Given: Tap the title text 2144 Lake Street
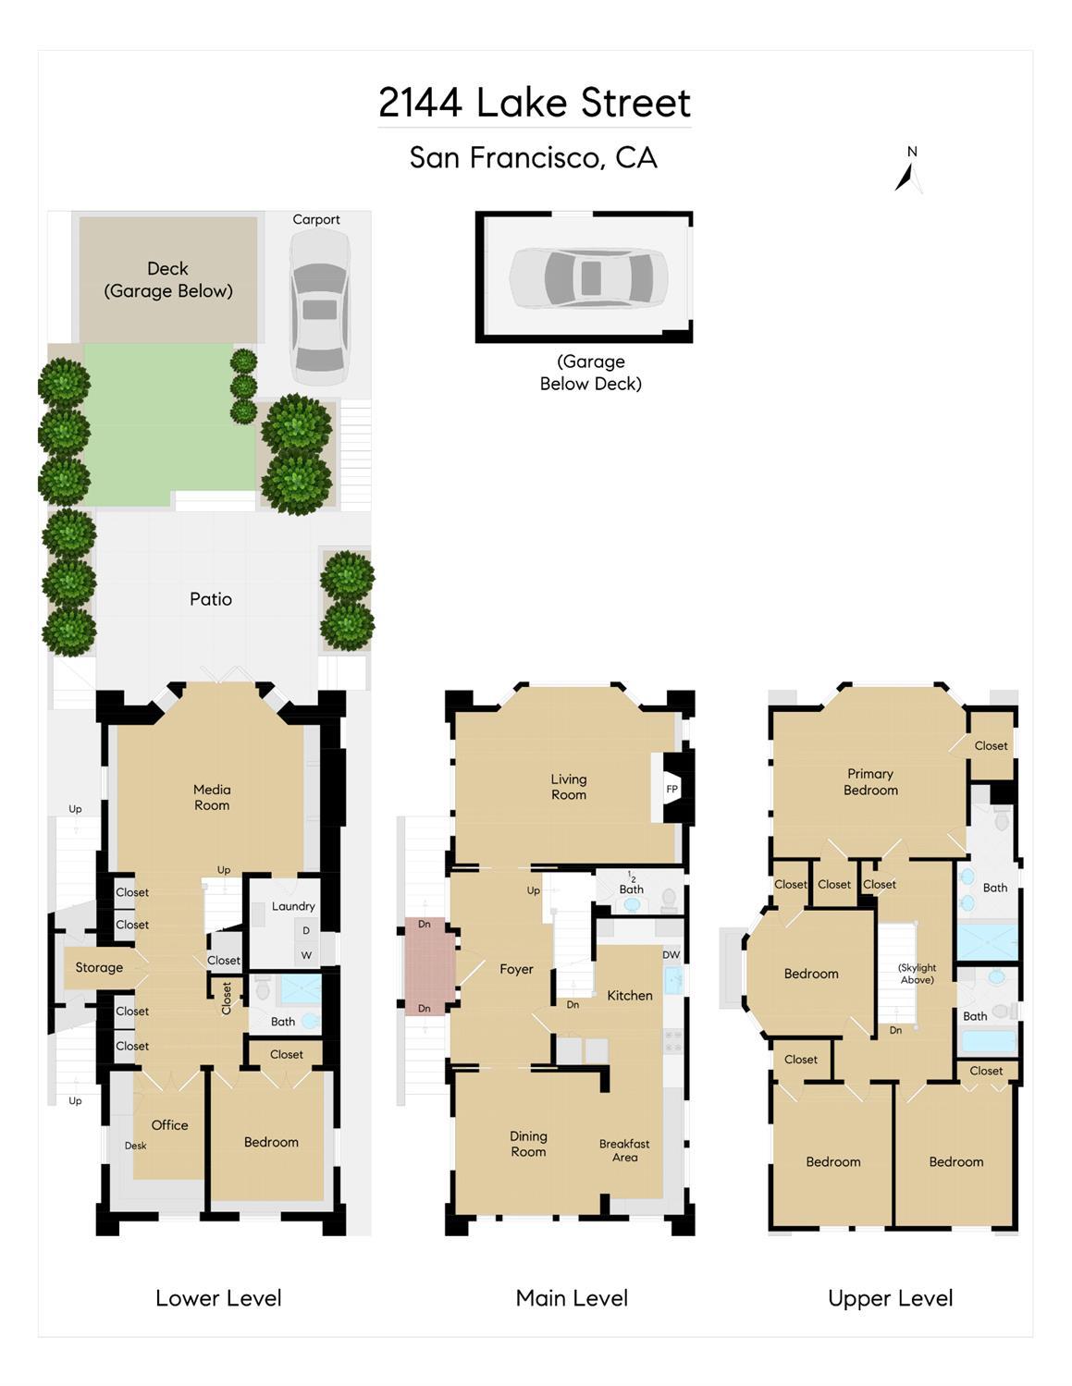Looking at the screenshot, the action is pyautogui.click(x=535, y=103).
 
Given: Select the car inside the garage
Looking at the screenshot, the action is pyautogui.click(x=588, y=278).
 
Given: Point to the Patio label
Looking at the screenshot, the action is pyautogui.click(x=211, y=599).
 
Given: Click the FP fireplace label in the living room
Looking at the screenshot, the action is pyautogui.click(x=672, y=789).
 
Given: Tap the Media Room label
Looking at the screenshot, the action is pyautogui.click(x=212, y=797).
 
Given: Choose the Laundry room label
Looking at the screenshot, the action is pyautogui.click(x=293, y=906).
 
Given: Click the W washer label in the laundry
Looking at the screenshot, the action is pyautogui.click(x=306, y=955).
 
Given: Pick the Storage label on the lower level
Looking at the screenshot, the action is pyautogui.click(x=99, y=967).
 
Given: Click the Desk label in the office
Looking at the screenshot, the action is pyautogui.click(x=135, y=1146).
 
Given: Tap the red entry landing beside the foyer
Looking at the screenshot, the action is pyautogui.click(x=430, y=965).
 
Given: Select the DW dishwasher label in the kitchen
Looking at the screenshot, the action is pyautogui.click(x=672, y=955).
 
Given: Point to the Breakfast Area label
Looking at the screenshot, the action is pyautogui.click(x=624, y=1150).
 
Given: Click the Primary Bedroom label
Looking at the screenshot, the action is pyautogui.click(x=870, y=782).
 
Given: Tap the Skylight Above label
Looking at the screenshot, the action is pyautogui.click(x=917, y=974).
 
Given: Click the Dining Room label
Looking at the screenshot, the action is pyautogui.click(x=528, y=1144).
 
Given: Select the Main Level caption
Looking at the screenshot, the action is pyautogui.click(x=572, y=1297).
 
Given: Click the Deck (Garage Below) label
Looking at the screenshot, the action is pyautogui.click(x=167, y=279).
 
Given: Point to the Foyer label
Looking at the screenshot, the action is pyautogui.click(x=516, y=970).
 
